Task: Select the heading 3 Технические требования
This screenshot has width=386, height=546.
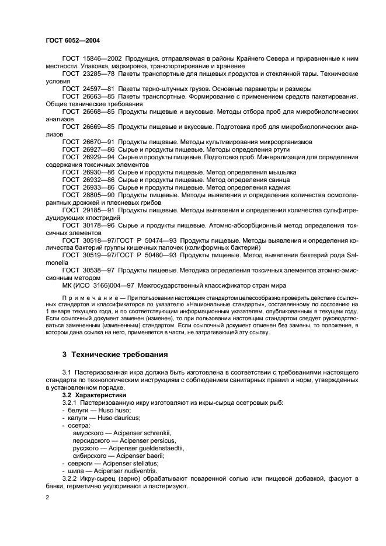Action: (x=116, y=354)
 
